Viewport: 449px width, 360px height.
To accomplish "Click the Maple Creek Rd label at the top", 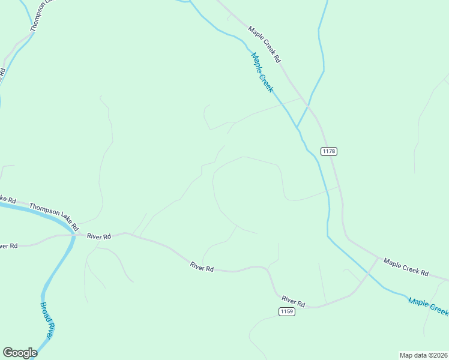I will pos(265,45).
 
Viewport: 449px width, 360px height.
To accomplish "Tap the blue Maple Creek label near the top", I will pos(262,72).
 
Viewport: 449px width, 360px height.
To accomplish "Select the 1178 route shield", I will pos(328,151).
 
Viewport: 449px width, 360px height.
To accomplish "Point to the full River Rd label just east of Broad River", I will pos(99,237).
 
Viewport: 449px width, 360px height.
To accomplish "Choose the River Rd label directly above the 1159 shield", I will pos(294,300).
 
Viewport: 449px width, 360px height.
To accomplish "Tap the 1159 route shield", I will pos(286,311).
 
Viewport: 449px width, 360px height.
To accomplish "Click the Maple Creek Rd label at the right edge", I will pos(406,268).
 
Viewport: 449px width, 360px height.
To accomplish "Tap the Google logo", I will pos(20,353).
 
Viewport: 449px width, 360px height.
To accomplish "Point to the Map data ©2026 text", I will pos(423,355).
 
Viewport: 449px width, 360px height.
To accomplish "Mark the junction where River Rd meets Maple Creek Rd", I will pos(379,257).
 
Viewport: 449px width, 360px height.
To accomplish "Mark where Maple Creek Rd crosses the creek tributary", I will pos(308,105).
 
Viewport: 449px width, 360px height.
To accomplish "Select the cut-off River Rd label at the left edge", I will pos(8,246).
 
